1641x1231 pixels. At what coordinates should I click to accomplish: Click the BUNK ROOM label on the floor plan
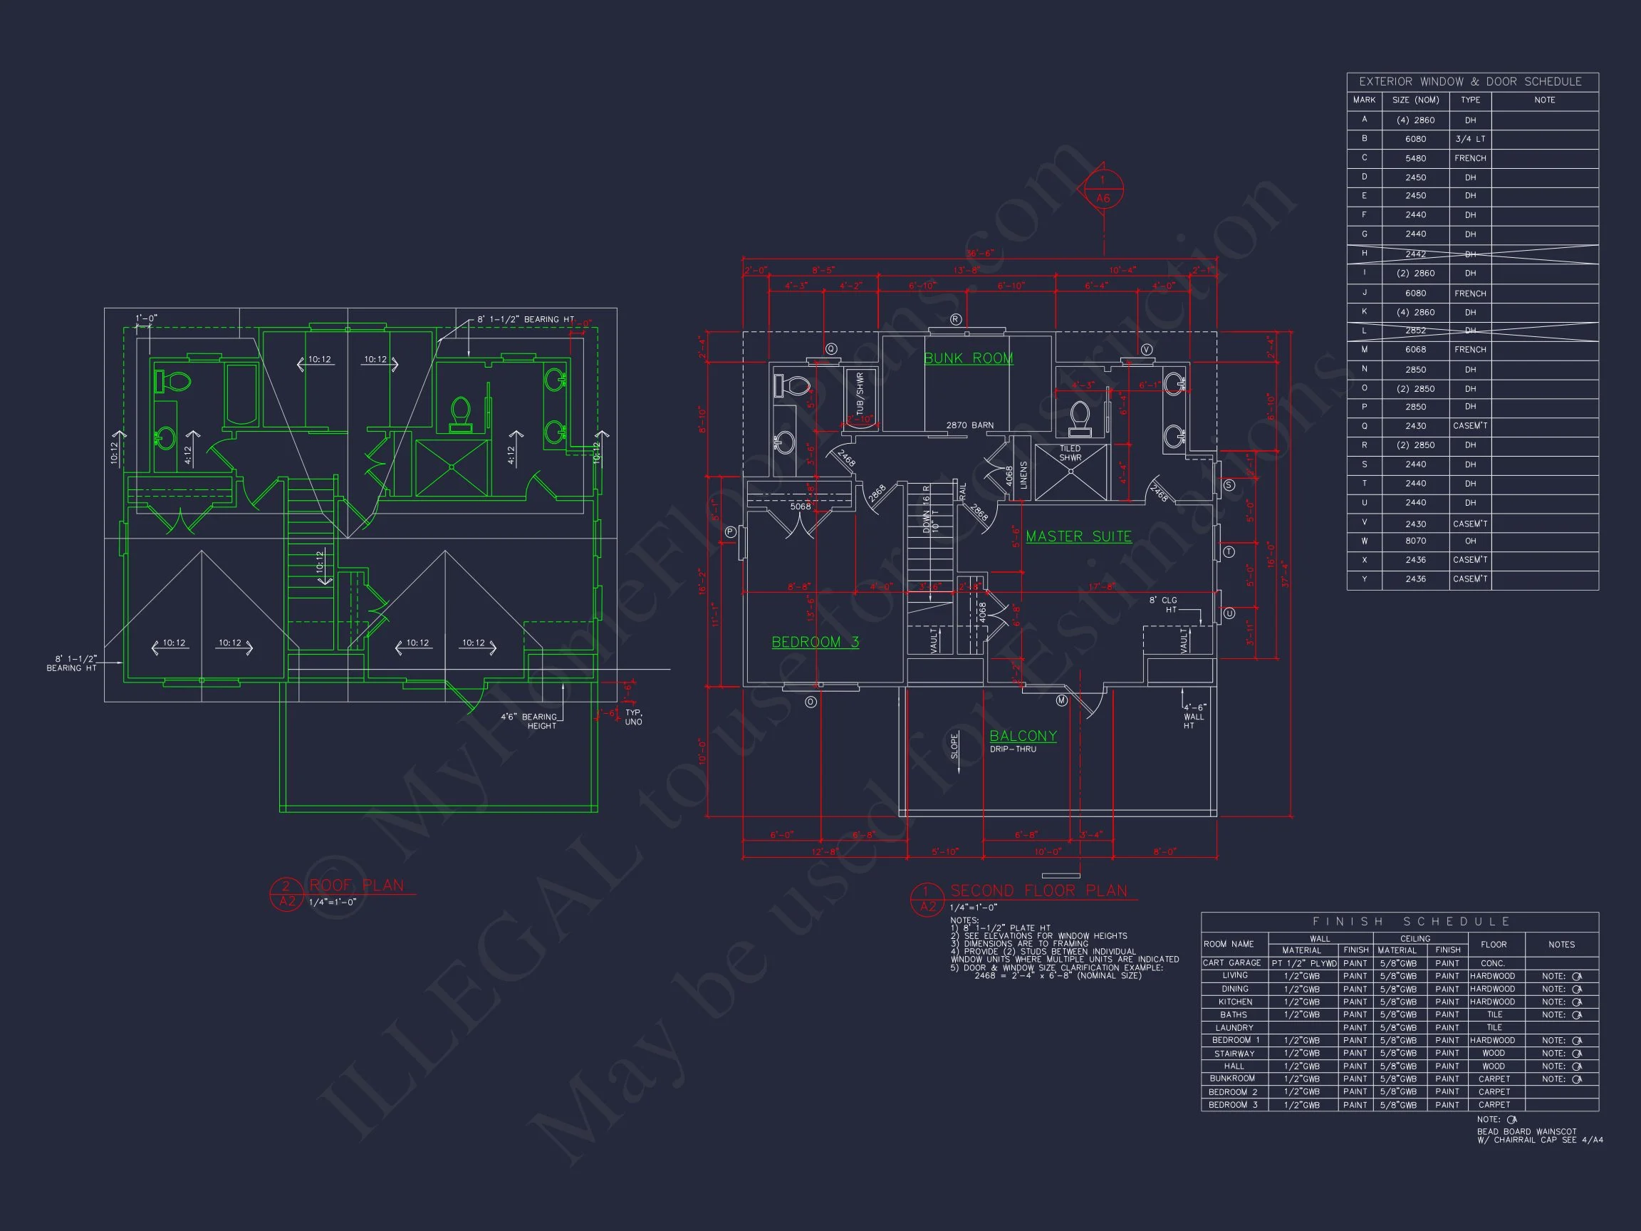pos(968,358)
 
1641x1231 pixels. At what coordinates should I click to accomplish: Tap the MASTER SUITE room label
pos(1078,536)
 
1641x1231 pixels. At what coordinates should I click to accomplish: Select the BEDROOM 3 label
pos(815,642)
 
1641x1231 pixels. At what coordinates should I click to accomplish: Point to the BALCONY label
pos(1023,735)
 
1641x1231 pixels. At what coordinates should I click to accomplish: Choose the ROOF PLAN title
pos(357,885)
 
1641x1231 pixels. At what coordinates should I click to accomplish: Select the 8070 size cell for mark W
pos(1415,541)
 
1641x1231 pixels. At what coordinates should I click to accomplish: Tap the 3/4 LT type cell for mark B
pos(1469,139)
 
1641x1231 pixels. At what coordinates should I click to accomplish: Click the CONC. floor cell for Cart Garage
pos(1493,963)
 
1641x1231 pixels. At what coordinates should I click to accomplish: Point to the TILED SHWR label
pos(1070,452)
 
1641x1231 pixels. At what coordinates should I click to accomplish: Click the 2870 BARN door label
pos(969,425)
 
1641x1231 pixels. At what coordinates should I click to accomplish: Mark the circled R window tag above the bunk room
pos(956,319)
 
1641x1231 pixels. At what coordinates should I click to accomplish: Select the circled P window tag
pos(731,531)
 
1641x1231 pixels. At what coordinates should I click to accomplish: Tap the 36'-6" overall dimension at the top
pos(980,254)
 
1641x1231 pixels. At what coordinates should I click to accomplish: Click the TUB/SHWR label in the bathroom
pos(860,393)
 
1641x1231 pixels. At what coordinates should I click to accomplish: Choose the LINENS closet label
pos(1023,475)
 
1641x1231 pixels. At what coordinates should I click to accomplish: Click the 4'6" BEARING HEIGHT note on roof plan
pos(531,721)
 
